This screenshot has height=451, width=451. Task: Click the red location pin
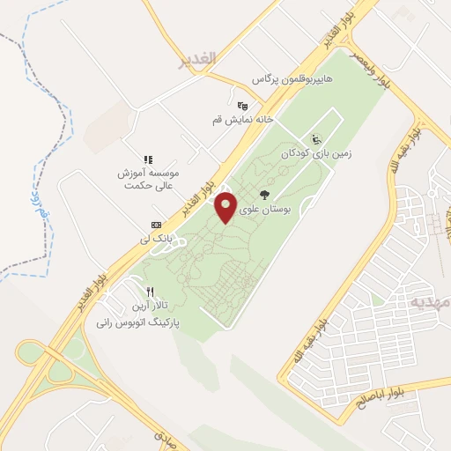tap(226, 207)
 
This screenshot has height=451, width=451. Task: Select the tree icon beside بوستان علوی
tap(265, 195)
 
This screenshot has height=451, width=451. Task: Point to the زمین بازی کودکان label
tap(316, 152)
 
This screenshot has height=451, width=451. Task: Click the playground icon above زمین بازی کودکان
tap(316, 138)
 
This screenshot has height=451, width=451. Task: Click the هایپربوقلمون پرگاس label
tap(294, 79)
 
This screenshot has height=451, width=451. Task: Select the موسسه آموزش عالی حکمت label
tap(149, 179)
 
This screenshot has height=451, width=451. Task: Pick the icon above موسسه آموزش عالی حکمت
tap(149, 159)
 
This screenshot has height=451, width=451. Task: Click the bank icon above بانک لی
tap(156, 225)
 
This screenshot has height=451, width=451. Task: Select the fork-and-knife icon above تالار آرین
tap(151, 292)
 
